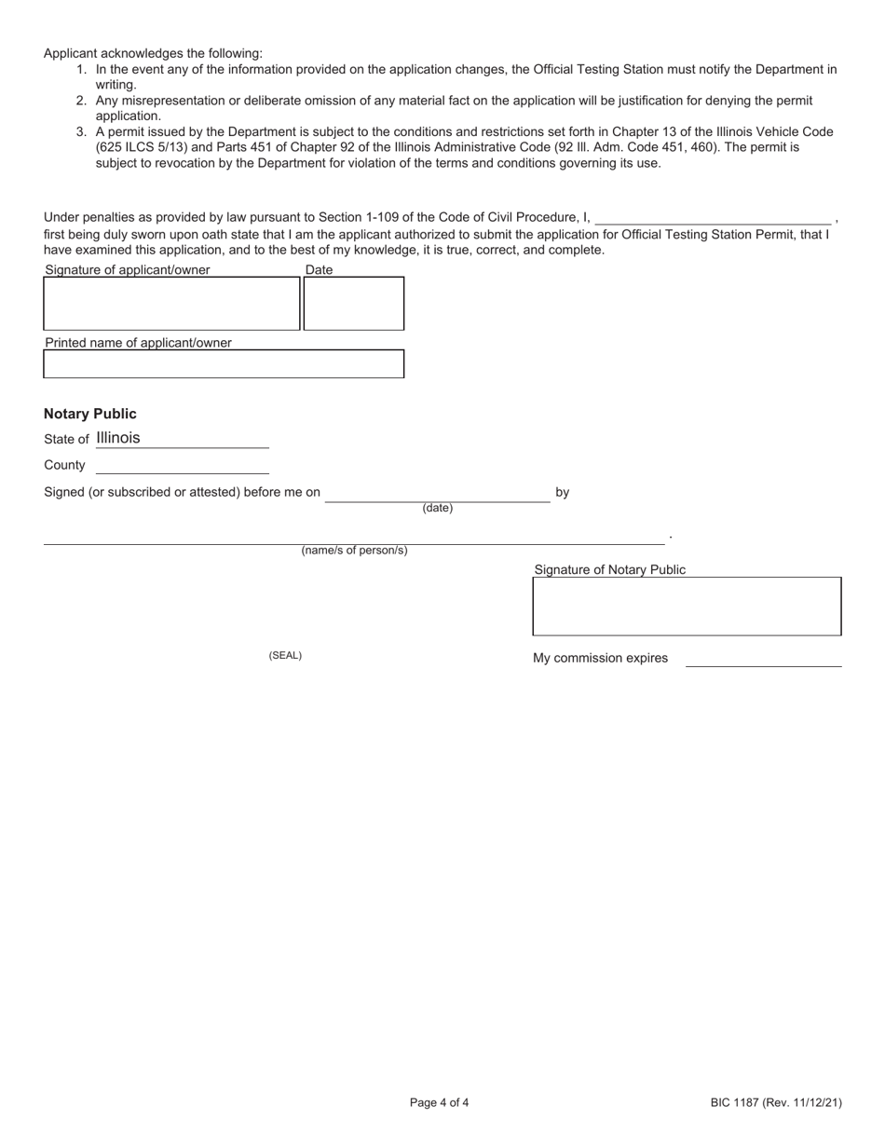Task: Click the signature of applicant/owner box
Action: coord(171,304)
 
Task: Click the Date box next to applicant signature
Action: coord(354,304)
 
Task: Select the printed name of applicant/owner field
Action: coord(224,363)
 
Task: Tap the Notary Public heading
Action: coord(89,414)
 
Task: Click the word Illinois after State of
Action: coord(118,438)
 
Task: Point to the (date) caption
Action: coord(437,508)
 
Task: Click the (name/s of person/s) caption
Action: coord(354,551)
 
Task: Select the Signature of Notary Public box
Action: coord(687,606)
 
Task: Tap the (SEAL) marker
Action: coord(285,656)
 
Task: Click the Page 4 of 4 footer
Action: coord(439,1103)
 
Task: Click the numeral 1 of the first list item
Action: coord(81,70)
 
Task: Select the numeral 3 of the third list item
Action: coord(81,132)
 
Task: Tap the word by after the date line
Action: coord(562,492)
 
